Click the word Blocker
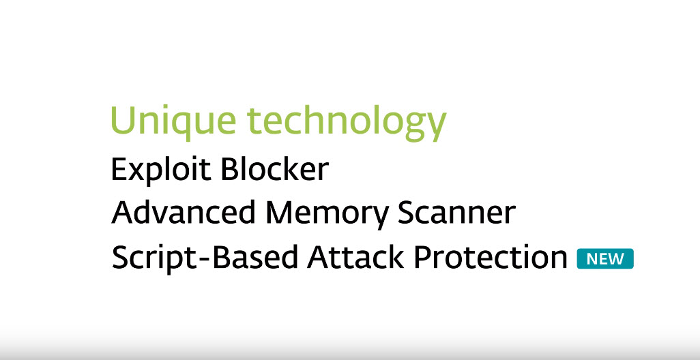274,169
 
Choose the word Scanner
450,213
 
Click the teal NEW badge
605,259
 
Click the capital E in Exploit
119,169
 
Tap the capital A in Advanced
123,213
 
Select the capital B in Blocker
227,169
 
